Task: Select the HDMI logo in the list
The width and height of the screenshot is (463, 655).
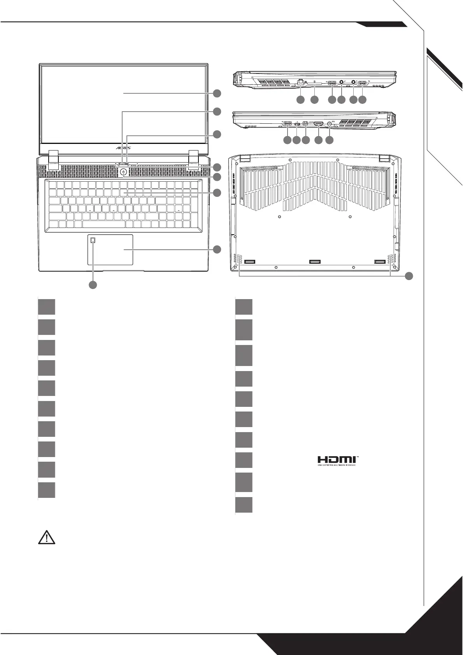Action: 337,461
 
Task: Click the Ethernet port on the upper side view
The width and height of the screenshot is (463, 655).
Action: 300,82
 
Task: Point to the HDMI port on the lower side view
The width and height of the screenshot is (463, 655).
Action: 319,124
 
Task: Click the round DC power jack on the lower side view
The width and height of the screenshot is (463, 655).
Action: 330,124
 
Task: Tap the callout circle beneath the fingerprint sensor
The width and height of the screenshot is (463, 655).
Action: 93,285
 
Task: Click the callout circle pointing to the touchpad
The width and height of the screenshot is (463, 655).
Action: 217,249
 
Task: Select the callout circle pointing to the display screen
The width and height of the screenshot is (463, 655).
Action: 217,93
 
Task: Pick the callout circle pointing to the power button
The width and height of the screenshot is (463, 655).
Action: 217,177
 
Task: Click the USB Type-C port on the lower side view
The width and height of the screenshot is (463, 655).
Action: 297,124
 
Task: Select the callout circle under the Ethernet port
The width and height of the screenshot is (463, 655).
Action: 300,100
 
